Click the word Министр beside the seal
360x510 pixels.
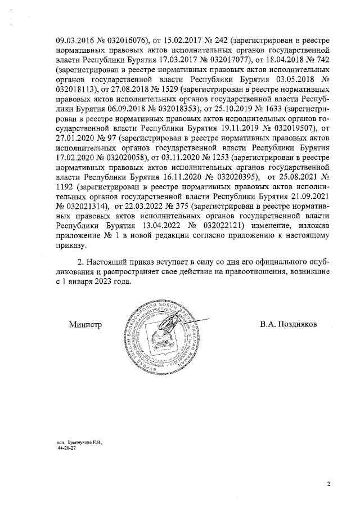85,325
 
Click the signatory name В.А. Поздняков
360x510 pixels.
289,325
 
